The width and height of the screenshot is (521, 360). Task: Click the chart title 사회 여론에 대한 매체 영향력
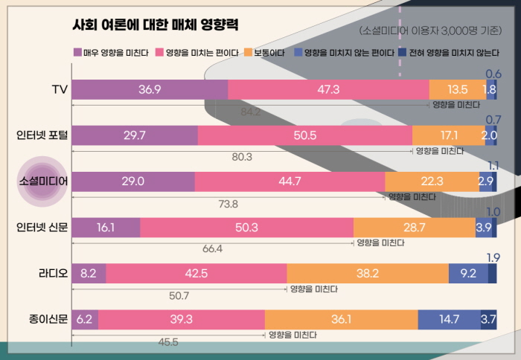155,25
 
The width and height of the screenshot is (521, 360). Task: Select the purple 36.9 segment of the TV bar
150,89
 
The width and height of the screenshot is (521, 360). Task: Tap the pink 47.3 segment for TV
328,89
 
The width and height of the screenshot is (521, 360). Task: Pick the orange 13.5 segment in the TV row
456,89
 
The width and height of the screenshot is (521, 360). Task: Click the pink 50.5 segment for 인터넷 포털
305,135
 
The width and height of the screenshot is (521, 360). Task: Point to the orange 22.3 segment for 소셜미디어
432,181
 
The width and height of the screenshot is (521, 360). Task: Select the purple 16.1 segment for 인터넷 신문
106,228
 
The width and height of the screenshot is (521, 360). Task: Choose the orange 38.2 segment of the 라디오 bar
368,273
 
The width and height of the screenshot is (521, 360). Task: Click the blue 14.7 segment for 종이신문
449,319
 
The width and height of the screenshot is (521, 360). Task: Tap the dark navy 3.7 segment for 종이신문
488,319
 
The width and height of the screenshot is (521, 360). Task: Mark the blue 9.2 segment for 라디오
468,273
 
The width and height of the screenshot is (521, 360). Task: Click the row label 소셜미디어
43,181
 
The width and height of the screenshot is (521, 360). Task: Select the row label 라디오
54,273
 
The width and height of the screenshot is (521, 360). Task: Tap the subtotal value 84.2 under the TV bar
250,112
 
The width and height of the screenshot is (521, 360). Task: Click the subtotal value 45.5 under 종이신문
168,342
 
